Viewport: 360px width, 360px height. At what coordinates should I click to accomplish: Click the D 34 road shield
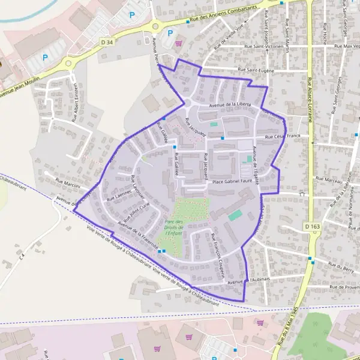[107, 42]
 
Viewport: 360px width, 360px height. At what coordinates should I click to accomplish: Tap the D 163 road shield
[311, 226]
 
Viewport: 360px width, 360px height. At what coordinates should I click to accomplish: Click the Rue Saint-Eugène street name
[256, 70]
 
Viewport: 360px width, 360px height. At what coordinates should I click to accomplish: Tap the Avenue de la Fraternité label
[138, 235]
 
